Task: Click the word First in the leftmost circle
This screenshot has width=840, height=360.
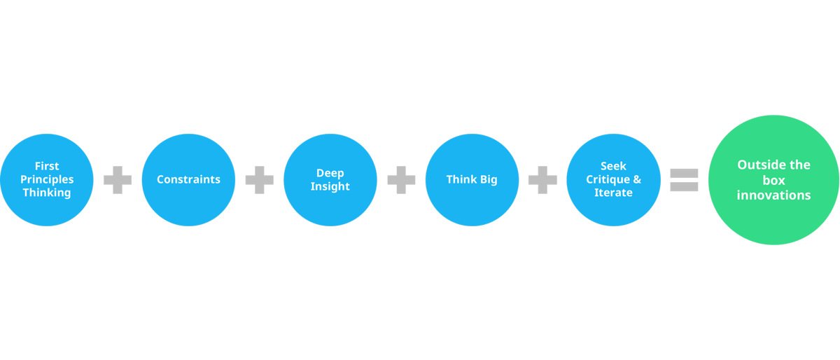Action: click(47, 167)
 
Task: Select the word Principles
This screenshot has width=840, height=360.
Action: click(47, 179)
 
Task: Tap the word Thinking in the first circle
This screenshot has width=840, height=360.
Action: click(47, 193)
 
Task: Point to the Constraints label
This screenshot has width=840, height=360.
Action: click(188, 179)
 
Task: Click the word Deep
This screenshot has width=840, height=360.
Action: click(330, 173)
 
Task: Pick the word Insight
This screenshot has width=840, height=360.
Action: click(330, 186)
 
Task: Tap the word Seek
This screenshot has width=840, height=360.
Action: click(613, 167)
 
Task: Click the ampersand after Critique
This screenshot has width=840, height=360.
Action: click(636, 179)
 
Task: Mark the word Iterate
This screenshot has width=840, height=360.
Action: click(613, 193)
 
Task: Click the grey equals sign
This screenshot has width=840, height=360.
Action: click(684, 179)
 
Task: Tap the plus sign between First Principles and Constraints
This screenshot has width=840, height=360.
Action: click(118, 180)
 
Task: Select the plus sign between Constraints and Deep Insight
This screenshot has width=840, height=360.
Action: click(259, 180)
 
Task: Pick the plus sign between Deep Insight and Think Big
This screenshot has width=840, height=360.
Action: click(401, 180)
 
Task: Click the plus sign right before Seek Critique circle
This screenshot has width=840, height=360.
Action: click(542, 180)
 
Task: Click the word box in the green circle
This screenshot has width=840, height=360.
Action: click(773, 180)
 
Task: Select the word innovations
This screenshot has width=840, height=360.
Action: click(773, 195)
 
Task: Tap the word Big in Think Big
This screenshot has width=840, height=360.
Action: click(486, 179)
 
